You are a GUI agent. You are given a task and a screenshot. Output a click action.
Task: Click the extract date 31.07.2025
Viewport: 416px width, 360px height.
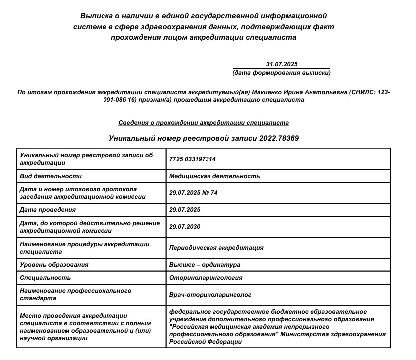[x=281, y=64]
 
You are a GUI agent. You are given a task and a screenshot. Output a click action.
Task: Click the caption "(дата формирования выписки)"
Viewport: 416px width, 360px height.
[x=281, y=73]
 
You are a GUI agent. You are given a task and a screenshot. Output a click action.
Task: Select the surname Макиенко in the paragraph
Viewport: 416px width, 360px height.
[x=268, y=92]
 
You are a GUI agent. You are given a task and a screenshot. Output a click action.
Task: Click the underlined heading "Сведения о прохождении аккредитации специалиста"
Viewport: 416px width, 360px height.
[x=204, y=122]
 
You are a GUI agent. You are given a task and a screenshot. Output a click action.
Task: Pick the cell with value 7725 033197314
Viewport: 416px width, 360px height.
[x=193, y=159]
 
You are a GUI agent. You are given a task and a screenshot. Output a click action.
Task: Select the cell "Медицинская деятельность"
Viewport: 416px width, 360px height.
[x=214, y=176]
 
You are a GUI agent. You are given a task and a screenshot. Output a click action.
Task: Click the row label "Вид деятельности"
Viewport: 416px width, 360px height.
[x=51, y=176]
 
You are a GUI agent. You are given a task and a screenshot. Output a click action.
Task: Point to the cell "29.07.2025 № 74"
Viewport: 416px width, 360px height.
[x=194, y=192]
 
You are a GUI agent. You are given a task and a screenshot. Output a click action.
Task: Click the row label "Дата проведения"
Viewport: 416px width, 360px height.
[x=48, y=209]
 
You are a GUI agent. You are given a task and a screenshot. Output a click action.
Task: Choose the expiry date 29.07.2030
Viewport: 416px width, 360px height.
[x=184, y=226]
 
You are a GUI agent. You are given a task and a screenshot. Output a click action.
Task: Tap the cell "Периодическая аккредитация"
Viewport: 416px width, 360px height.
[x=216, y=247]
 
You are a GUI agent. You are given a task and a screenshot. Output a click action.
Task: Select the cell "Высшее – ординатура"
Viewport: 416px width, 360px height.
[x=205, y=265]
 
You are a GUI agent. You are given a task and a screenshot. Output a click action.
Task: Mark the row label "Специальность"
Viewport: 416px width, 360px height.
[x=45, y=277]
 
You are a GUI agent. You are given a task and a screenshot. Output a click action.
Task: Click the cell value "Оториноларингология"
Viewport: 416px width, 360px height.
[x=206, y=277]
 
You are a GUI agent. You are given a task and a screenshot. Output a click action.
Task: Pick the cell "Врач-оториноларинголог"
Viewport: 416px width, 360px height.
[x=211, y=294]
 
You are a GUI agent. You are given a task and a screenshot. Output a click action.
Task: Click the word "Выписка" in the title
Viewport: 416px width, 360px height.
[x=96, y=16]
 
